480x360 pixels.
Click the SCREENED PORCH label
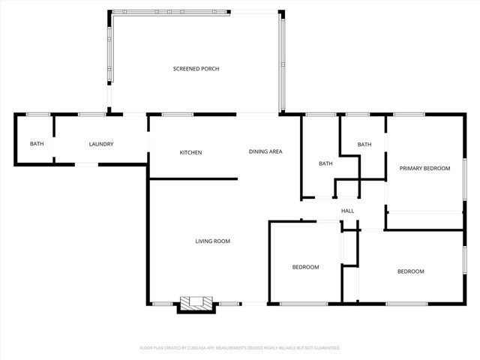(196, 69)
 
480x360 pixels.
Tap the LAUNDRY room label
(100, 144)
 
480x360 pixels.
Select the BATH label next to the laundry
(36, 144)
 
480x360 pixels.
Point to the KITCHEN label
(190, 153)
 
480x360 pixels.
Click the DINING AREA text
(265, 152)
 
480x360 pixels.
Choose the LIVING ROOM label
(212, 241)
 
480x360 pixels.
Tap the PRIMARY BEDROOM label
(424, 169)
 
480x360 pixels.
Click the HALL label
(348, 211)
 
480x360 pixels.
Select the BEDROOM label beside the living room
(305, 268)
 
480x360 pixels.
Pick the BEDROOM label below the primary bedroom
(410, 271)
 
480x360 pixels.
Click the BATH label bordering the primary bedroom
(364, 145)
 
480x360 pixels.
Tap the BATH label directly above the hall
(325, 163)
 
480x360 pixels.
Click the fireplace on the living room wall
(196, 304)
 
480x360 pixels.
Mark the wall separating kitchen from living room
(193, 178)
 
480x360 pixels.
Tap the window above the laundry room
(91, 115)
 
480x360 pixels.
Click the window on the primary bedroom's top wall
(410, 115)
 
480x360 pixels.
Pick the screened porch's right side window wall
(283, 64)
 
